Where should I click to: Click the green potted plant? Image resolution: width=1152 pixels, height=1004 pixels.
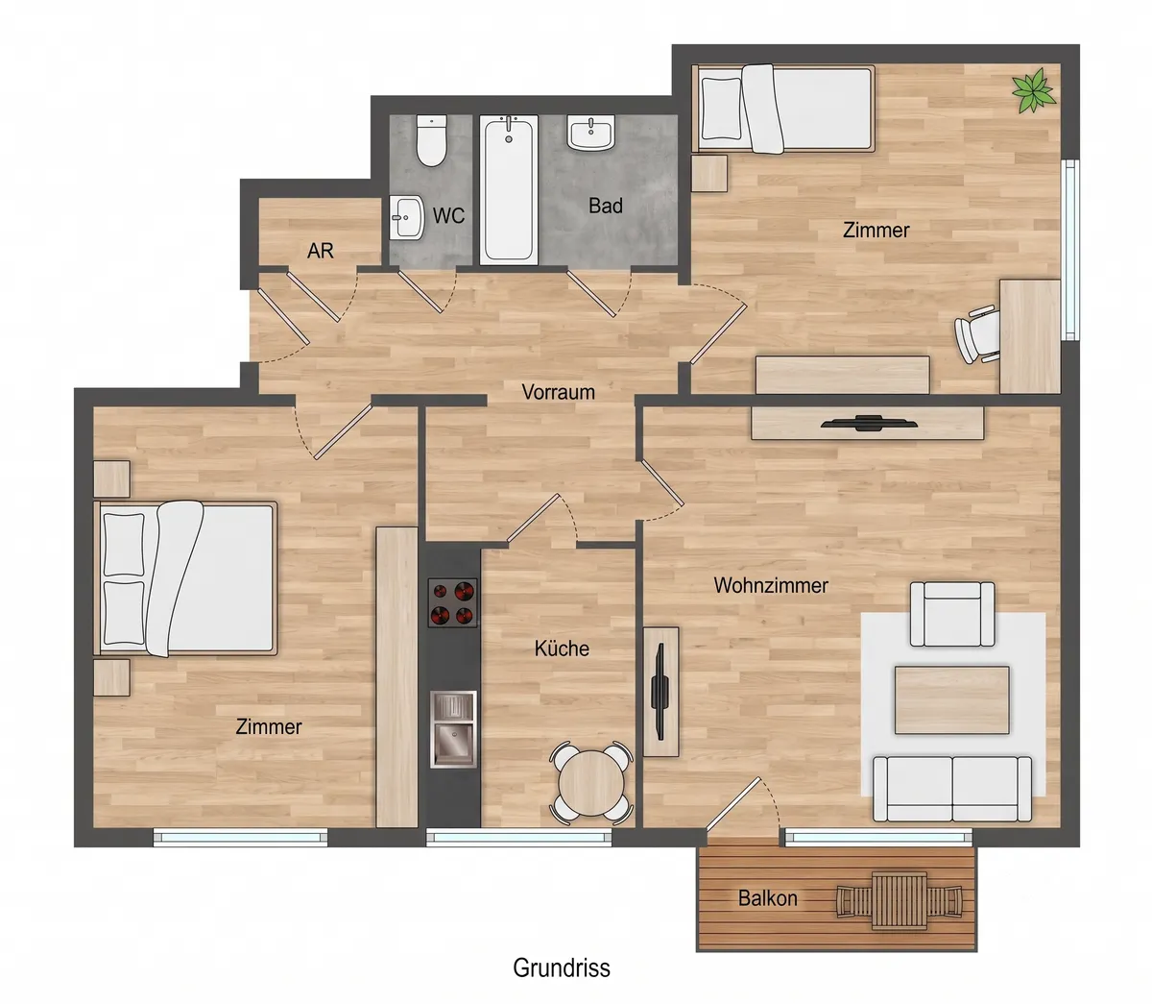[x=1033, y=90]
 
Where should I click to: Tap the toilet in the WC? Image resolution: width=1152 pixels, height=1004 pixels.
[x=431, y=140]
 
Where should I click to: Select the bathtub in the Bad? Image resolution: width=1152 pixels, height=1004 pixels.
[x=509, y=190]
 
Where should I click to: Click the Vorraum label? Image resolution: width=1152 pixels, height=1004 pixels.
[x=558, y=392]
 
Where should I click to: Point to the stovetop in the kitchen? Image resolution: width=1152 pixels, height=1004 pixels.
[x=452, y=602]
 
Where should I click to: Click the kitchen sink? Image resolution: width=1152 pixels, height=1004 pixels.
[x=453, y=729]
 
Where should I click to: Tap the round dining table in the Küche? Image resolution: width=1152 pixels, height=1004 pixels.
[x=591, y=783]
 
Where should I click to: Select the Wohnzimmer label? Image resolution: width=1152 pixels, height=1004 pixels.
[x=771, y=585]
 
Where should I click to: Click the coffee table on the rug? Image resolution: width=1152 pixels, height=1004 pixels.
[x=951, y=699]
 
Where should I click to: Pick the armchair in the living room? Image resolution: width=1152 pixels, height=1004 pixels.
[x=952, y=614]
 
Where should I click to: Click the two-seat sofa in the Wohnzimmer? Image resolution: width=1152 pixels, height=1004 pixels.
[x=952, y=789]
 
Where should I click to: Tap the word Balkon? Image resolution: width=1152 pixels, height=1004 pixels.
[x=767, y=898]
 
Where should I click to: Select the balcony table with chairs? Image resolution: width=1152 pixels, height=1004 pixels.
[x=900, y=901]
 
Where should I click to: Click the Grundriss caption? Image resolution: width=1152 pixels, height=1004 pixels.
[x=562, y=967]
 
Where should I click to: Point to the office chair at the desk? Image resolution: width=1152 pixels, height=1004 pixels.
[x=977, y=333]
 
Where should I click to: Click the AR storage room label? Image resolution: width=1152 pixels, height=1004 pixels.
[x=321, y=251]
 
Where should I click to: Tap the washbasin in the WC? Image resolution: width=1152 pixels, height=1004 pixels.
[x=406, y=217]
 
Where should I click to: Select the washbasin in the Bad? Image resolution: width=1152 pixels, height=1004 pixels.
[x=590, y=133]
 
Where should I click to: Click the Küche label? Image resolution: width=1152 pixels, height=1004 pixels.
[x=562, y=649]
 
